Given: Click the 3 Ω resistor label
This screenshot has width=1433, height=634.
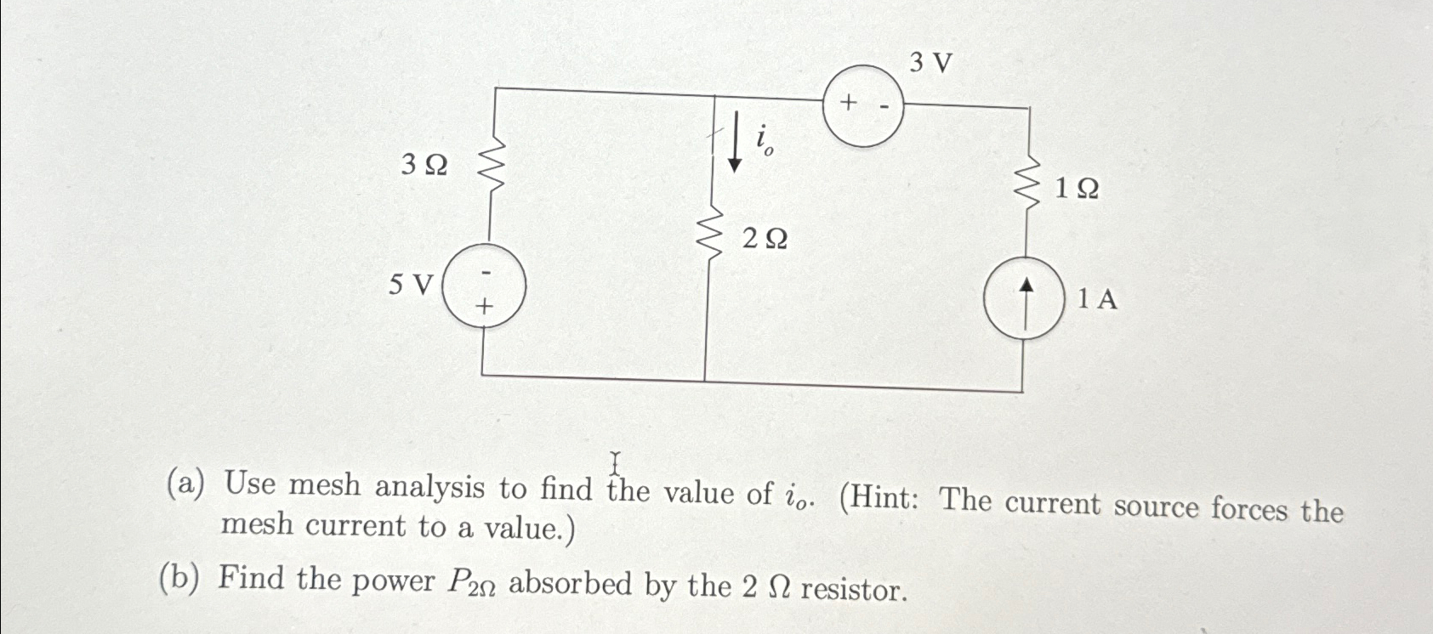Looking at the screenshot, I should [x=424, y=165].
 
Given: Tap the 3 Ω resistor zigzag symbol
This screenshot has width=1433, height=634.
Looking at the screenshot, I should [x=492, y=168].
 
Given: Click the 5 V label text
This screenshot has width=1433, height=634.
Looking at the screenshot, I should [x=411, y=285].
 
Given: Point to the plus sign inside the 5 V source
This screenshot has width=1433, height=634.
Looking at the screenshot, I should [x=485, y=305].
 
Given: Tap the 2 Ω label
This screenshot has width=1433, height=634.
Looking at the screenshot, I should [x=765, y=240].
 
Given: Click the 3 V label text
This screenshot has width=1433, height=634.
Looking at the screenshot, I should [x=931, y=62].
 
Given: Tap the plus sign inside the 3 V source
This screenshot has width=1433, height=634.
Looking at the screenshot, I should [x=847, y=103].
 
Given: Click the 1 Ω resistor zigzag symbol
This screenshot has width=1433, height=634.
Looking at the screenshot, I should [x=1030, y=185].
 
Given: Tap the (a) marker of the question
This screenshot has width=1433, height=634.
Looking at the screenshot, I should [x=185, y=484].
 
